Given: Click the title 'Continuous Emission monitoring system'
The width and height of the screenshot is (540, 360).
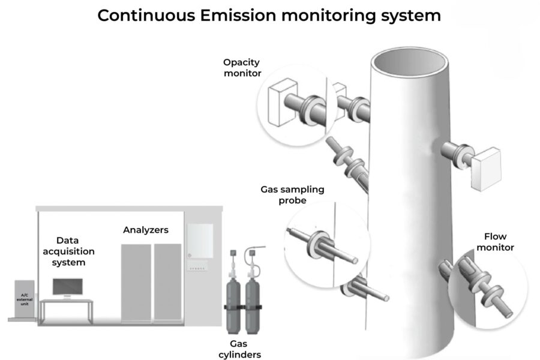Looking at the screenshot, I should [x=269, y=16].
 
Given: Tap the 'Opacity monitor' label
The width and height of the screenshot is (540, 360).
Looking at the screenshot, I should [x=242, y=67].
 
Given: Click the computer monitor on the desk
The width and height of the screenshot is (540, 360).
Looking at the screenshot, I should [x=67, y=287].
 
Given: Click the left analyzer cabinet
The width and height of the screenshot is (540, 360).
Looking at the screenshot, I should [x=136, y=281].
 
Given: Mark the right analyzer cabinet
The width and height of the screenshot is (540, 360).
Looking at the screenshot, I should [x=167, y=281].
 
